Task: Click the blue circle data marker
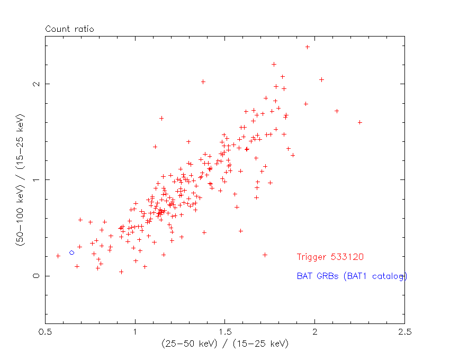pos(71,253)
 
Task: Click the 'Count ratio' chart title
pos(69,29)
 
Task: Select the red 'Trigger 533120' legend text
pos(330,257)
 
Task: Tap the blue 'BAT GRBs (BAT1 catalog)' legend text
pos(352,276)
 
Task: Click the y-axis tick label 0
pos(36,276)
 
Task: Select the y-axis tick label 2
pos(36,84)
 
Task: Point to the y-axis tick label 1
pos(36,180)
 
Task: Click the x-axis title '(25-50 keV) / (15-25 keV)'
pos(225,344)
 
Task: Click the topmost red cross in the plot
pos(307,47)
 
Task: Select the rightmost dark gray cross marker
pos(360,122)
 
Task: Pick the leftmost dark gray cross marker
pos(58,256)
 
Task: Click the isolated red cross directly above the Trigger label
pos(265,255)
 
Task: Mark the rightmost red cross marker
pos(337,111)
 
